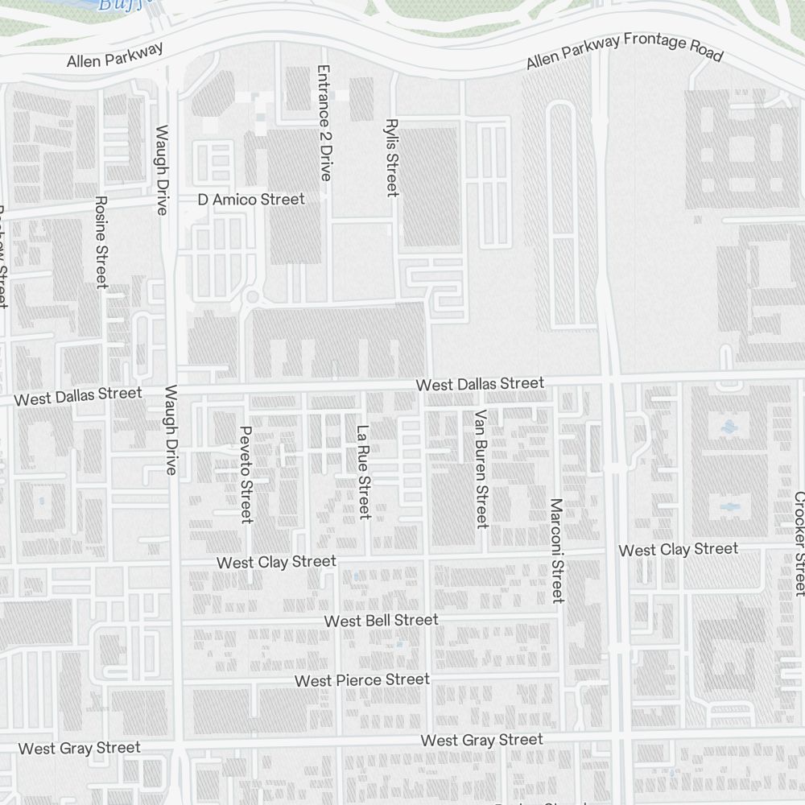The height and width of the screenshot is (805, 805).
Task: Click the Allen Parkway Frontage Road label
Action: pos(625,52)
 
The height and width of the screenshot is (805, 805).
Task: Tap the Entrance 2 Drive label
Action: pos(324,122)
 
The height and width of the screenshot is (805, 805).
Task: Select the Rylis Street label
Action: pos(392,158)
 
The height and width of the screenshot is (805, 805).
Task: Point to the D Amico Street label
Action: pos(252,199)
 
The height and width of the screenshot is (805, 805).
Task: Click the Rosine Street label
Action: pos(101,242)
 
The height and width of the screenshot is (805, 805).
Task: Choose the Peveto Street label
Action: pos(246,473)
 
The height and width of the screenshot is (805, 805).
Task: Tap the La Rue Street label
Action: pos(364,472)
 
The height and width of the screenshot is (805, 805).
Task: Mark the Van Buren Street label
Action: pos(481,469)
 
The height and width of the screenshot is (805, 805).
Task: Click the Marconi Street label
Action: pos(556,550)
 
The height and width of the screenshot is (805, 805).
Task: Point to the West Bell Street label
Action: pos(381,620)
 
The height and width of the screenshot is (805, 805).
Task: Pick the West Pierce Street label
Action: pos(361,680)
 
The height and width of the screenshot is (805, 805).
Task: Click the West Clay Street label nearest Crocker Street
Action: pos(678,550)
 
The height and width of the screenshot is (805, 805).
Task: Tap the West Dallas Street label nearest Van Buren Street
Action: pos(480,384)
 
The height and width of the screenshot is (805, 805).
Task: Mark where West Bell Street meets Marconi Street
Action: pos(559,618)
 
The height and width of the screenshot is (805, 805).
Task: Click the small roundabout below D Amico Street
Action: pos(253,297)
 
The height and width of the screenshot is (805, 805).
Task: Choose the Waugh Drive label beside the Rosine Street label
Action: pos(163,169)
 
